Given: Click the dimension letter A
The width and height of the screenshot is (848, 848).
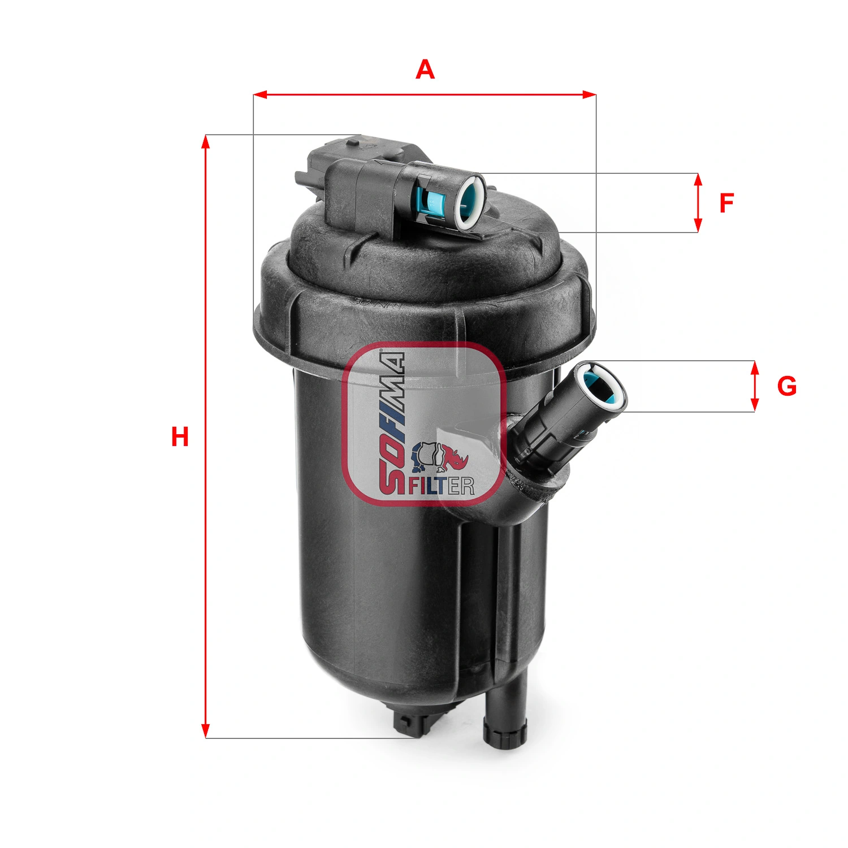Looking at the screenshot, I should [425, 70].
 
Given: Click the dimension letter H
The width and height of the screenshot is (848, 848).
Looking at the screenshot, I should [180, 438].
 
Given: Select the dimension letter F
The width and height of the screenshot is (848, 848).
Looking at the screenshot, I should [726, 203].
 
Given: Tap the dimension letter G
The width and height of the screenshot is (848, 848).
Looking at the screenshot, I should [786, 387].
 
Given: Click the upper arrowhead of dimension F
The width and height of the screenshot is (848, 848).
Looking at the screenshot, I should [698, 180].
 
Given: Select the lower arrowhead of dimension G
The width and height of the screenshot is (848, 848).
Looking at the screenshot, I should [754, 405].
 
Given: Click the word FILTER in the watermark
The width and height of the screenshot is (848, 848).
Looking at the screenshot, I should [441, 486].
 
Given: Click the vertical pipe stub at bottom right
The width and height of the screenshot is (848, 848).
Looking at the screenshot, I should [506, 712].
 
